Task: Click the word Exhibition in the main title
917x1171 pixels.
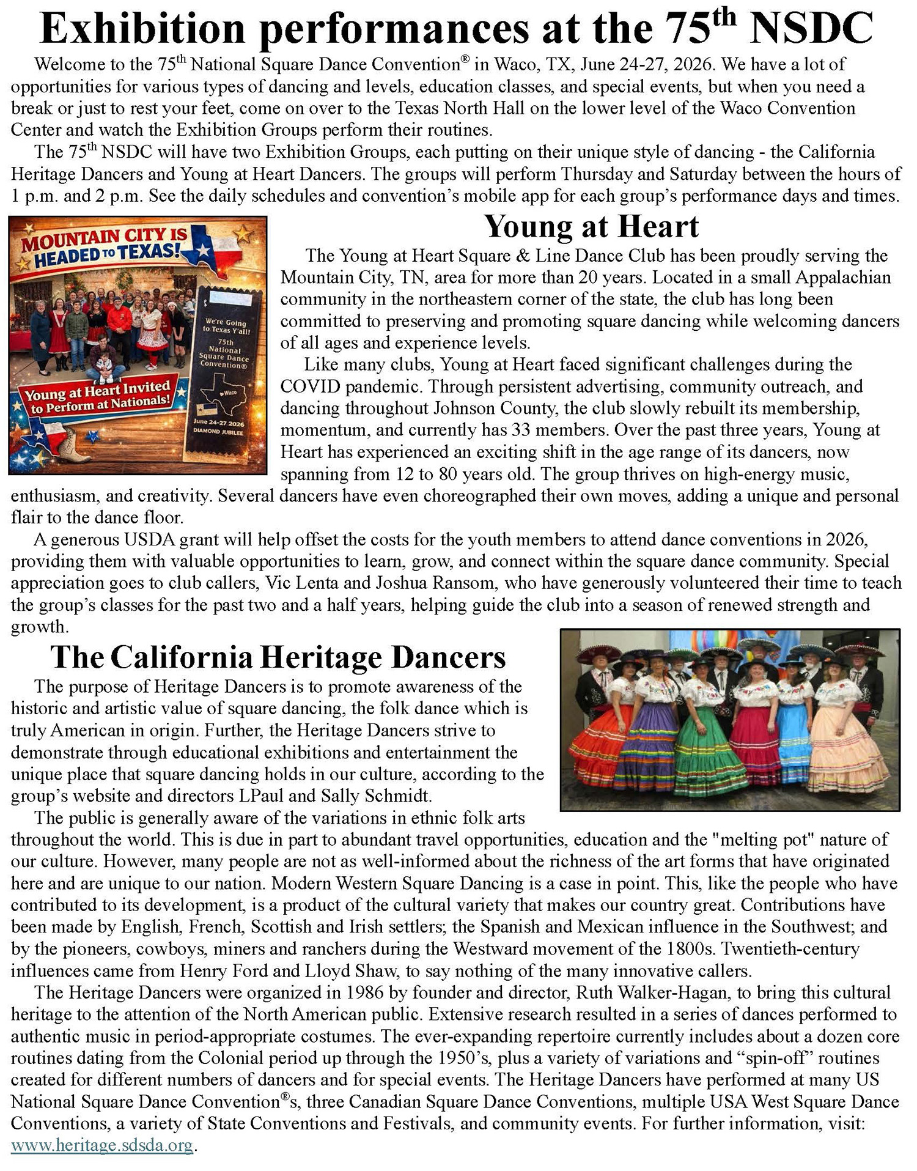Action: tap(142, 29)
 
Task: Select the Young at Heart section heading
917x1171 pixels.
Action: tap(591, 226)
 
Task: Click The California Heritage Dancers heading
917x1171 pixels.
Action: tap(278, 657)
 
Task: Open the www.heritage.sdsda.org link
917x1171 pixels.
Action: tap(102, 1145)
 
